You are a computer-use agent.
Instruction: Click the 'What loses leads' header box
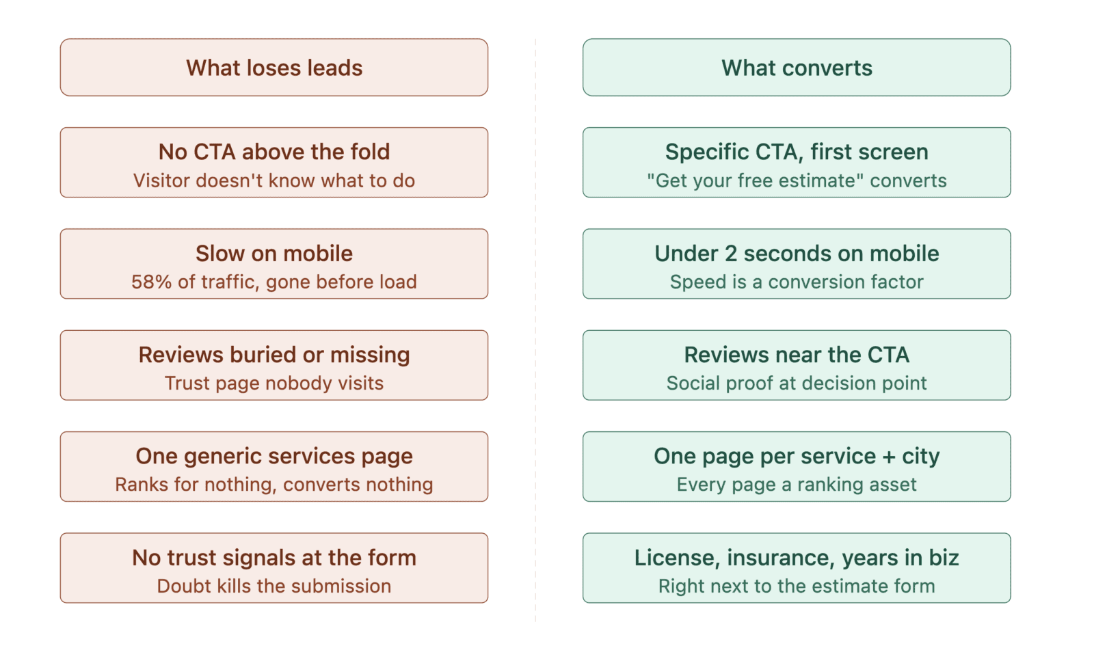tap(273, 68)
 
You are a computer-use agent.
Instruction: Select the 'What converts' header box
tap(796, 68)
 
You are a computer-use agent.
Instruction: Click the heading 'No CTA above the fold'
tap(273, 152)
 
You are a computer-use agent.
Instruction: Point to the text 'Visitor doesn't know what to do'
tap(273, 180)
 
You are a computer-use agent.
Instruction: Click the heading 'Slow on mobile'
tap(273, 254)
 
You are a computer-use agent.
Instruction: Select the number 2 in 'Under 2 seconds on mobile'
tap(730, 254)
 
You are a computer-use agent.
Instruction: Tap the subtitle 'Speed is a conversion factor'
tap(796, 282)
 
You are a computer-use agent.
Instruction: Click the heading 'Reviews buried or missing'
tap(273, 355)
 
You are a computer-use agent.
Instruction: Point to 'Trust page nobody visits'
tap(273, 383)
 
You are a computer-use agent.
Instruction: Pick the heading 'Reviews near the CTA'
tap(796, 355)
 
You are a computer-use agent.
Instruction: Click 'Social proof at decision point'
tap(796, 383)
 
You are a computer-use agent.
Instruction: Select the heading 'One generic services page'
tap(273, 456)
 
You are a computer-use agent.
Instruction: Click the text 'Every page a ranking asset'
tap(796, 484)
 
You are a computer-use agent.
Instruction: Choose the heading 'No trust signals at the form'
tap(273, 558)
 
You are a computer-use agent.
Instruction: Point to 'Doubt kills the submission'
tap(273, 586)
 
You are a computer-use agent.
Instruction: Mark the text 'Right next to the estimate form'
tap(796, 586)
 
